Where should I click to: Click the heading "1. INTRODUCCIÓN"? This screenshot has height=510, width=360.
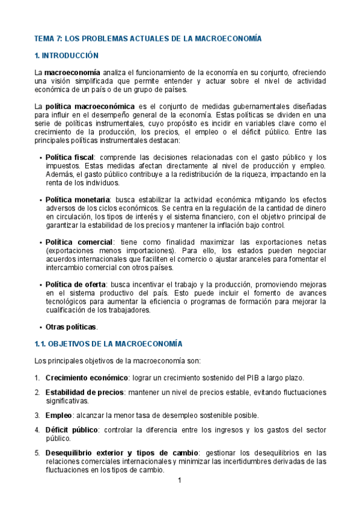pyautogui.click(x=67, y=55)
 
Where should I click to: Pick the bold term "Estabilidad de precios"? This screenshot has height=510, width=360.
pyautogui.click(x=84, y=392)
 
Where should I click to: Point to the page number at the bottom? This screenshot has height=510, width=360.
pyautogui.click(x=179, y=480)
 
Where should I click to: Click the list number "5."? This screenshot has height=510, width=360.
pyautogui.click(x=37, y=453)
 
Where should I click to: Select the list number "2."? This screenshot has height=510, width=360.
pyautogui.click(x=37, y=392)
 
